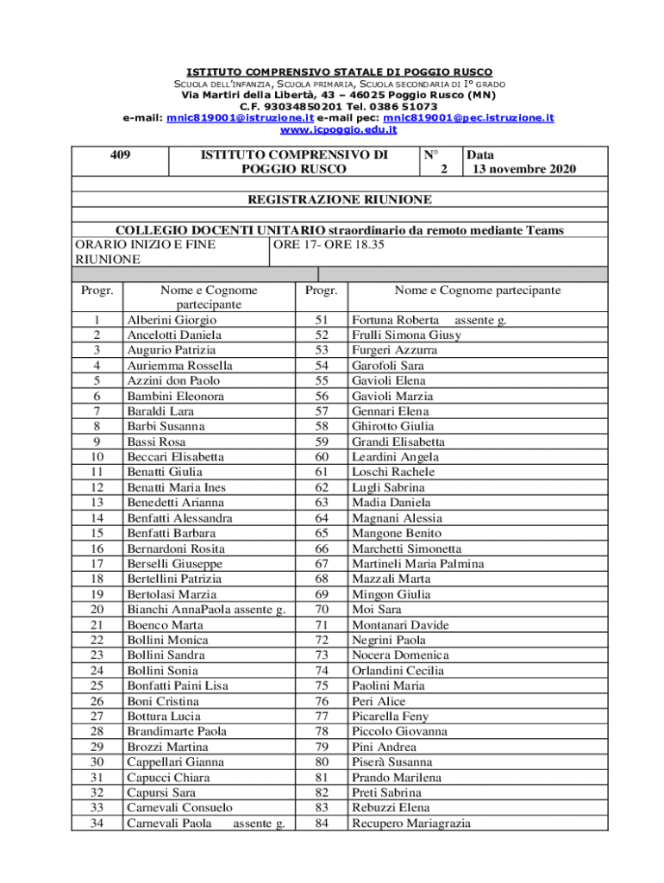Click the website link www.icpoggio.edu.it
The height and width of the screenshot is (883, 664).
click(339, 129)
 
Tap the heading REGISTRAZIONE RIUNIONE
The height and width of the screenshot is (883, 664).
click(340, 199)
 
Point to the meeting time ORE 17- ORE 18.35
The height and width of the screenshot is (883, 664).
click(329, 244)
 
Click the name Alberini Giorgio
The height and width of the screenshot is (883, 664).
click(172, 320)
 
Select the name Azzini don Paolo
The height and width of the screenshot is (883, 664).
click(173, 380)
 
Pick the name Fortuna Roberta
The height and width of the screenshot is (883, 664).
click(395, 320)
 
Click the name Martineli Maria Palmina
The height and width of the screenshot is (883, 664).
click(417, 564)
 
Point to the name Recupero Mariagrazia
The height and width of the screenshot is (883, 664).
click(411, 824)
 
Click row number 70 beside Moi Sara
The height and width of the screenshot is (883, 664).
click(323, 610)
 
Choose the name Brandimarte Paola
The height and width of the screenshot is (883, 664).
click(177, 731)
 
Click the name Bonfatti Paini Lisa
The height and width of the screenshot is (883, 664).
click(178, 686)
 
